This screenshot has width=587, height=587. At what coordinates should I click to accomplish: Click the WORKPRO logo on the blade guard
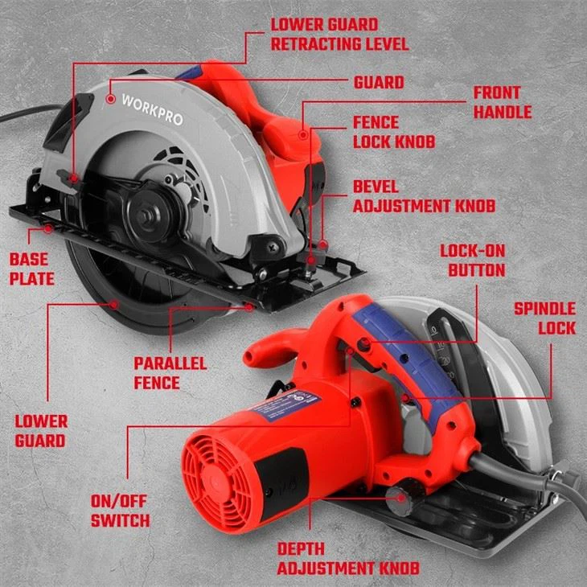pyautogui.click(x=152, y=110)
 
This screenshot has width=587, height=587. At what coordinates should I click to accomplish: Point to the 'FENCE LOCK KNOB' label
pyautogui.click(x=394, y=132)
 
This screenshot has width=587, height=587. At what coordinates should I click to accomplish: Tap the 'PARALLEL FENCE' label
pyautogui.click(x=170, y=373)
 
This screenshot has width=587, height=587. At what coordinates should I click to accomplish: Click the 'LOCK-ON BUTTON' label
pyautogui.click(x=472, y=261)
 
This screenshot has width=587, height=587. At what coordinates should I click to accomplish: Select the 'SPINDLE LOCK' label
pyautogui.click(x=544, y=318)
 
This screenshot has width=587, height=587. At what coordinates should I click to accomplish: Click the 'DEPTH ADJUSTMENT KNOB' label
pyautogui.click(x=348, y=558)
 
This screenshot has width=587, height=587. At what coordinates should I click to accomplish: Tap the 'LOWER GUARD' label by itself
pyautogui.click(x=41, y=430)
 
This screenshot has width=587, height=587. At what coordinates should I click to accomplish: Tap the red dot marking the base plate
pyautogui.click(x=49, y=229)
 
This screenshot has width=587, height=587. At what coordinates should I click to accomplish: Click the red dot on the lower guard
pyautogui.click(x=116, y=303)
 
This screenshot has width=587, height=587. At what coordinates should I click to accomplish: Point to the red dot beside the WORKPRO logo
pyautogui.click(x=110, y=98)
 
